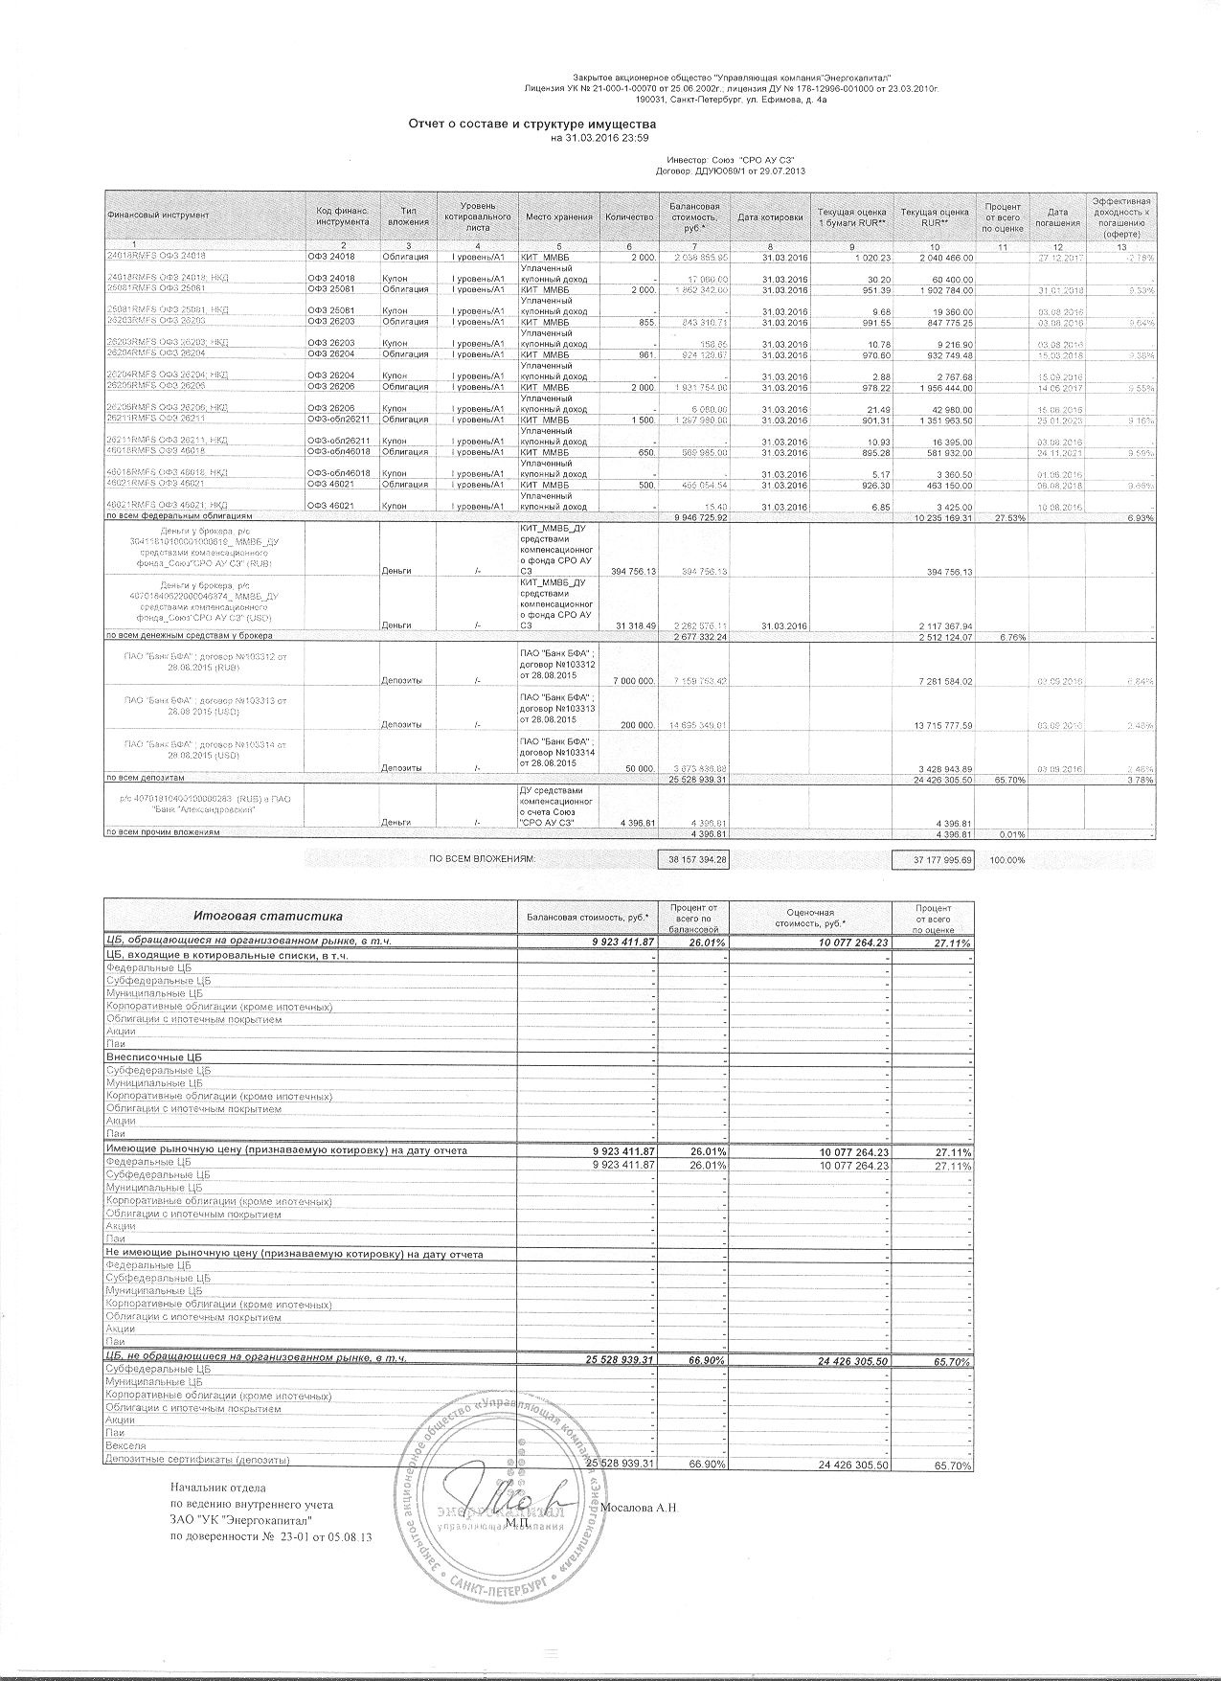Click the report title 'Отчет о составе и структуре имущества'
pyautogui.click(x=531, y=125)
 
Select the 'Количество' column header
pyautogui.click(x=629, y=216)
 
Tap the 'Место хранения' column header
pyautogui.click(x=558, y=216)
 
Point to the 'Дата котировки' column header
pyautogui.click(x=770, y=216)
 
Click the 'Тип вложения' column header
pyautogui.click(x=408, y=216)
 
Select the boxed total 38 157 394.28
pyautogui.click(x=698, y=860)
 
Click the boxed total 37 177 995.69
pyautogui.click(x=932, y=860)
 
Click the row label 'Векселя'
pyautogui.click(x=125, y=1445)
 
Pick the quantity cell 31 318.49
pyautogui.click(x=629, y=625)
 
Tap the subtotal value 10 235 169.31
pyautogui.click(x=932, y=517)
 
